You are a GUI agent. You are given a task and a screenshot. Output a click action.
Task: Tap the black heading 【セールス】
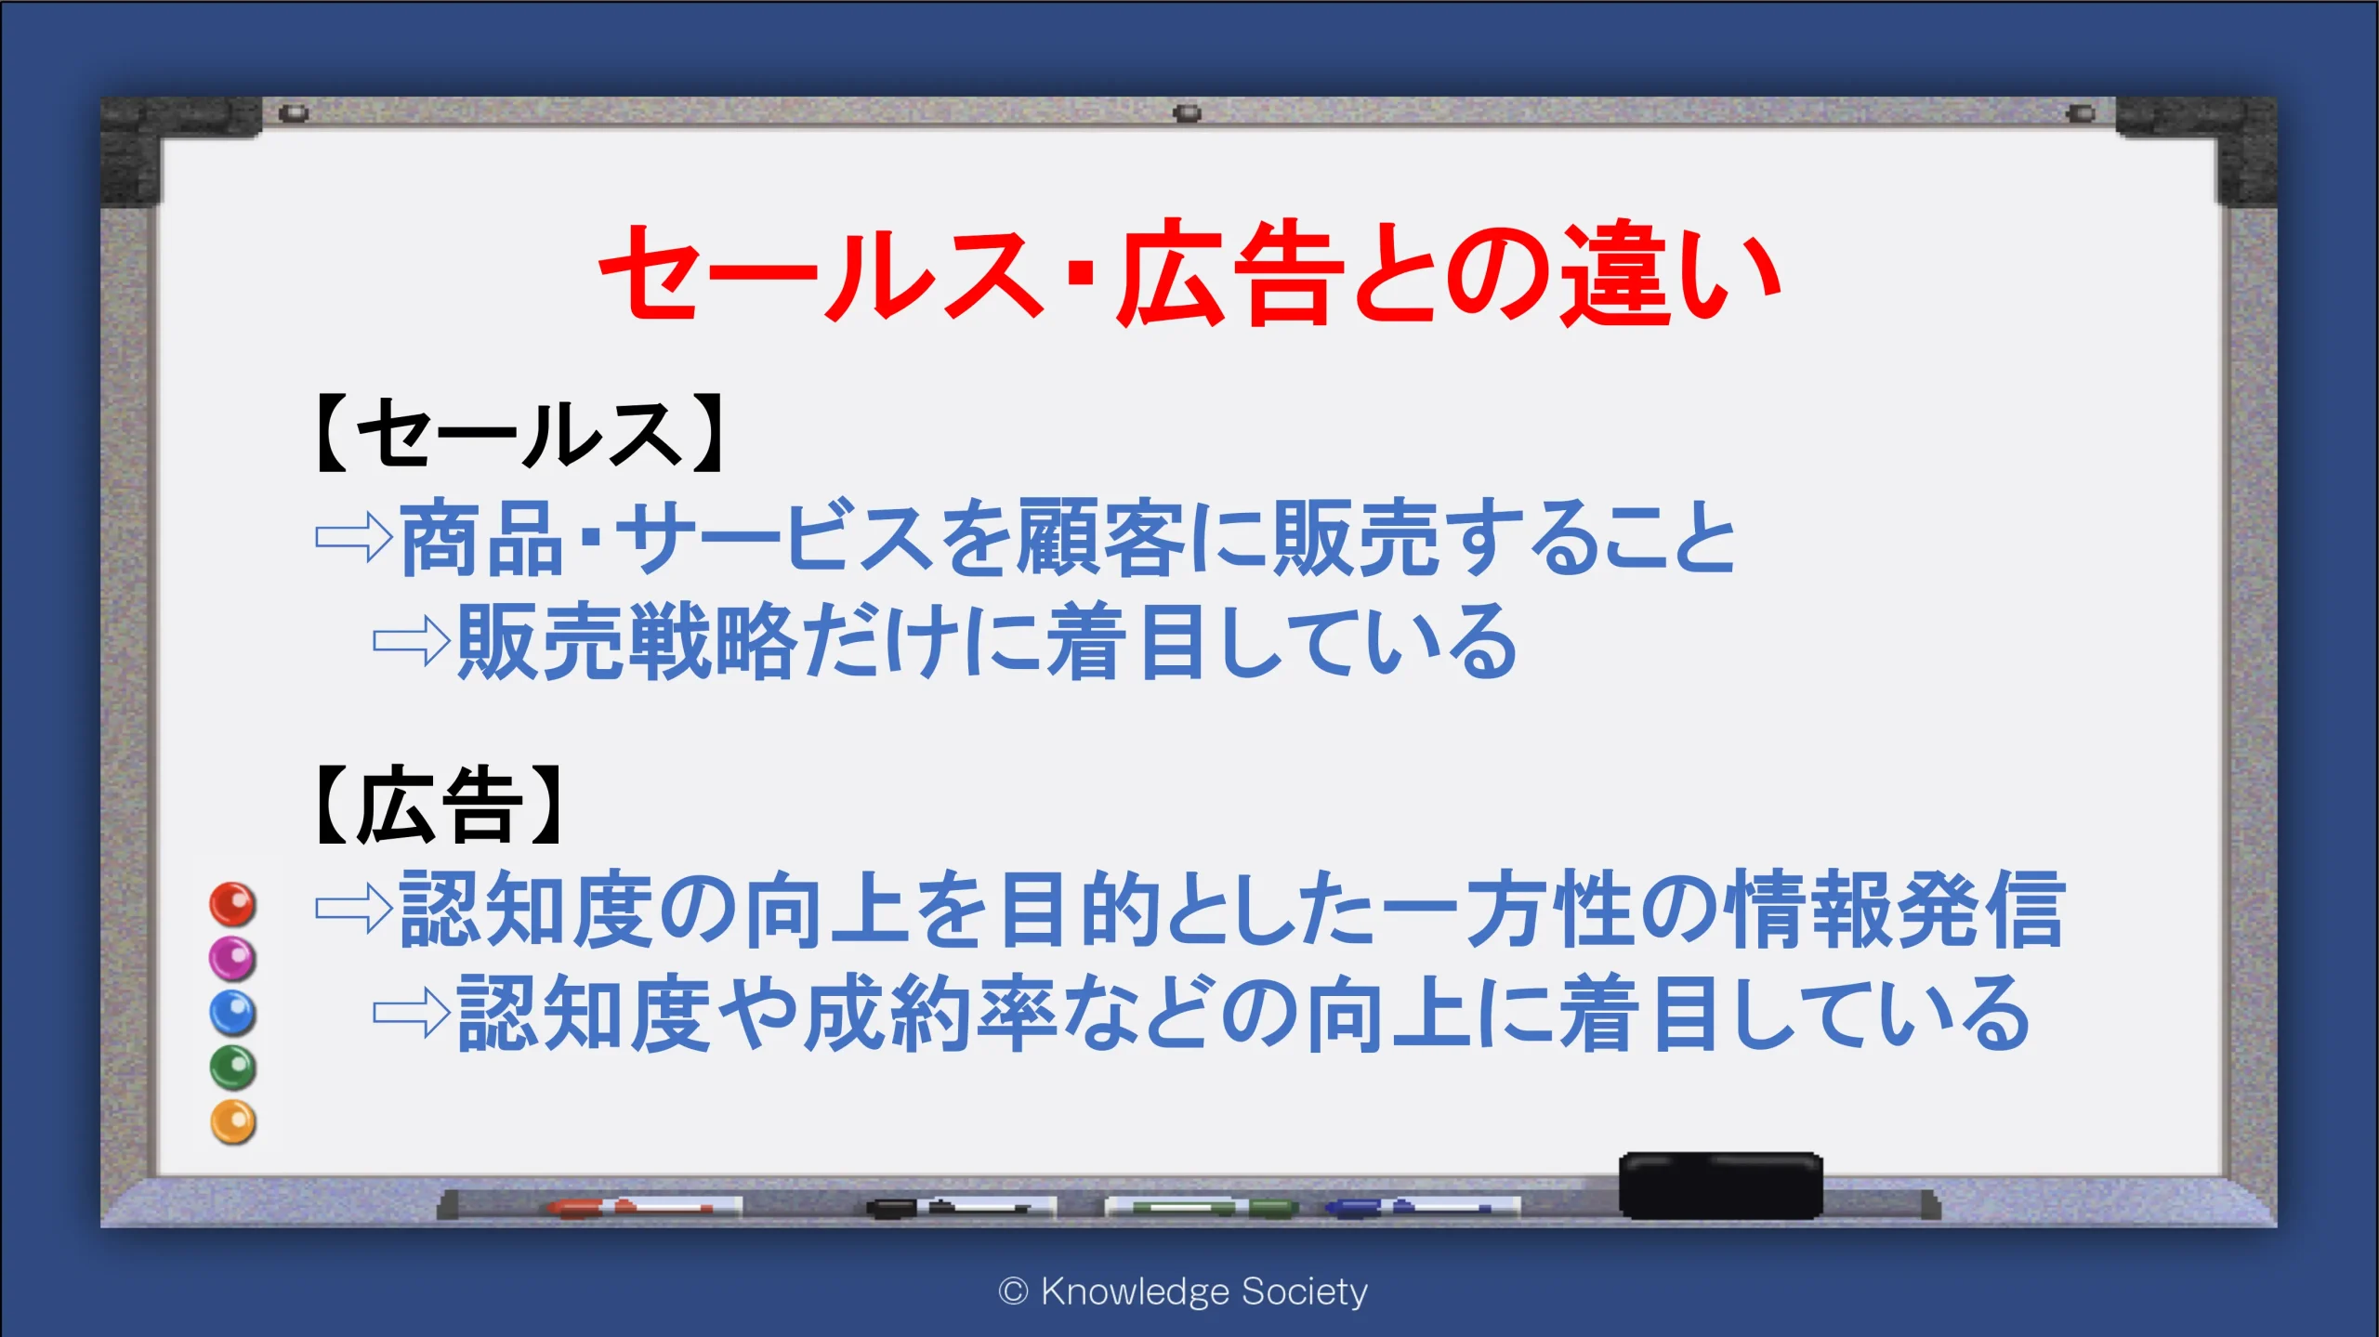tap(519, 434)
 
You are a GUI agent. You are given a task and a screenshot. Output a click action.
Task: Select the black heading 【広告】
tap(438, 805)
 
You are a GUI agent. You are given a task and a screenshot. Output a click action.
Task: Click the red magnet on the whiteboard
tap(232, 904)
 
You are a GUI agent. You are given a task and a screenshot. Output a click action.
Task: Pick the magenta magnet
tap(232, 958)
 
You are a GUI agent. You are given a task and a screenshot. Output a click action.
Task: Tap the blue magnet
tap(232, 1013)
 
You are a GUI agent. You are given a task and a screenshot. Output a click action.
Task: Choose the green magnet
tap(232, 1067)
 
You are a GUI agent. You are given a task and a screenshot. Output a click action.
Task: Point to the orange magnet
tap(232, 1121)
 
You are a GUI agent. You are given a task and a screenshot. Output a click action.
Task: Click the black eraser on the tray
tap(1720, 1186)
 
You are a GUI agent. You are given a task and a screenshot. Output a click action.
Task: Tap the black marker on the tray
tap(960, 1207)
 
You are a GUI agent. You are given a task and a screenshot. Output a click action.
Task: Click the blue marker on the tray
tap(1422, 1207)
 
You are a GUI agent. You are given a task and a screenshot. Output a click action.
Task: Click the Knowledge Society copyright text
tap(1183, 1291)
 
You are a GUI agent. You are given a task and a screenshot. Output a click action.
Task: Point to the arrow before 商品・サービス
tap(354, 537)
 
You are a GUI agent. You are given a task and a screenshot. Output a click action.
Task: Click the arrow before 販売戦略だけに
tap(412, 641)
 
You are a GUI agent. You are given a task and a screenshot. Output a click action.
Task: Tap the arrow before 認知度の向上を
tap(354, 908)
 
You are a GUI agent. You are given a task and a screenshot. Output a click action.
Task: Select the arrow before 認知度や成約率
tap(412, 1012)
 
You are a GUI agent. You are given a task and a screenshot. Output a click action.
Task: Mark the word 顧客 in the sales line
tap(1102, 537)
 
